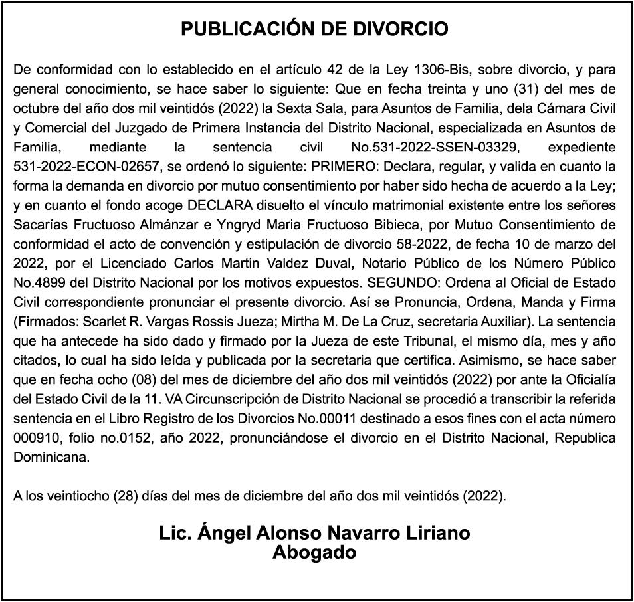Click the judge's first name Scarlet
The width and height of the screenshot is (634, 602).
click(x=110, y=321)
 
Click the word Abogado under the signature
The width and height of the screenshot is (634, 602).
click(x=314, y=553)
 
